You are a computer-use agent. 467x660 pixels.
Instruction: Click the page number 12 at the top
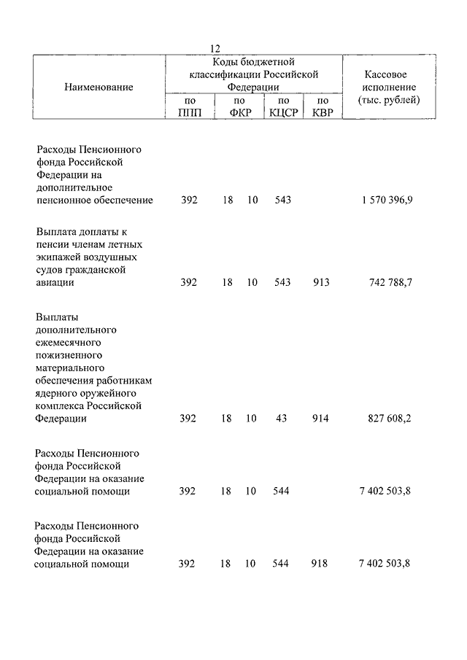[216, 48]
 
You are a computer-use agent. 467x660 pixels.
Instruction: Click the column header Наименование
[99, 88]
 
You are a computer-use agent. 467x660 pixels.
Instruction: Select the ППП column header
[189, 113]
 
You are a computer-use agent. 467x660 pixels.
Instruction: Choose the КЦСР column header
[283, 113]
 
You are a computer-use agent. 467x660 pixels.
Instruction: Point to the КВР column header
[322, 113]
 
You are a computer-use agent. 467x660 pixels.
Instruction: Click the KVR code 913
[320, 283]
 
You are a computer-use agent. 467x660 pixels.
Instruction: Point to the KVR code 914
[320, 419]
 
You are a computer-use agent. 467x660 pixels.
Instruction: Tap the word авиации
[55, 283]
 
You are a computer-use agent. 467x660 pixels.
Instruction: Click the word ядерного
[58, 392]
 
